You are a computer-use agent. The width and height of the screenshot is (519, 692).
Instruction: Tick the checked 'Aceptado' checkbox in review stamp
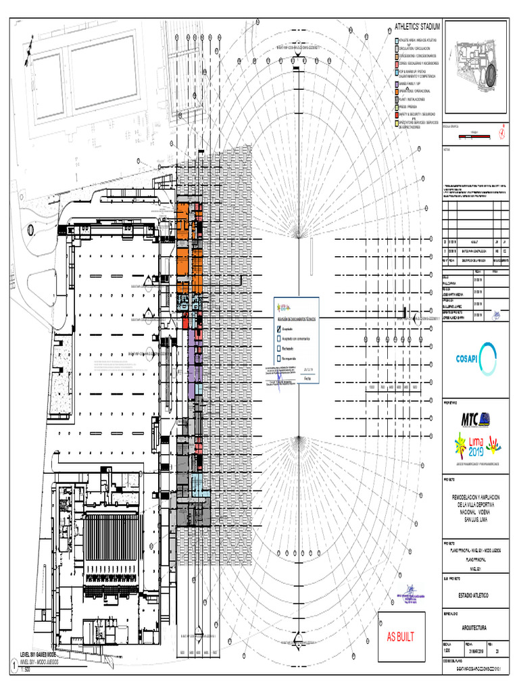tap(278, 329)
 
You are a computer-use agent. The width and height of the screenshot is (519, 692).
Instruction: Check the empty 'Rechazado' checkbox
tap(278, 349)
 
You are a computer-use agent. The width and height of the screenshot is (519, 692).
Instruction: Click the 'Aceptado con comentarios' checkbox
tap(278, 339)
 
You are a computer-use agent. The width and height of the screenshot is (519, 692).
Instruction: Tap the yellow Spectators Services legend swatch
tap(395, 124)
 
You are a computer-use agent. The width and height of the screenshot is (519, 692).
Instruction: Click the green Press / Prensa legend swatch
tap(395, 107)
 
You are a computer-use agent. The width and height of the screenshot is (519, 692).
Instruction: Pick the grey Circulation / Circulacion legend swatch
tap(395, 48)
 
